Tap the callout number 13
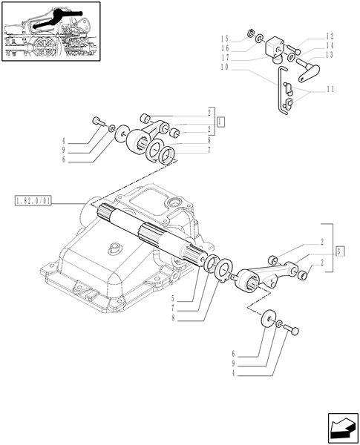(329, 54)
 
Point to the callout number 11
(329, 89)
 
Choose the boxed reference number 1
(221, 119)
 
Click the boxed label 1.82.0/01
(32, 201)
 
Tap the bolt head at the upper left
(96, 120)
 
